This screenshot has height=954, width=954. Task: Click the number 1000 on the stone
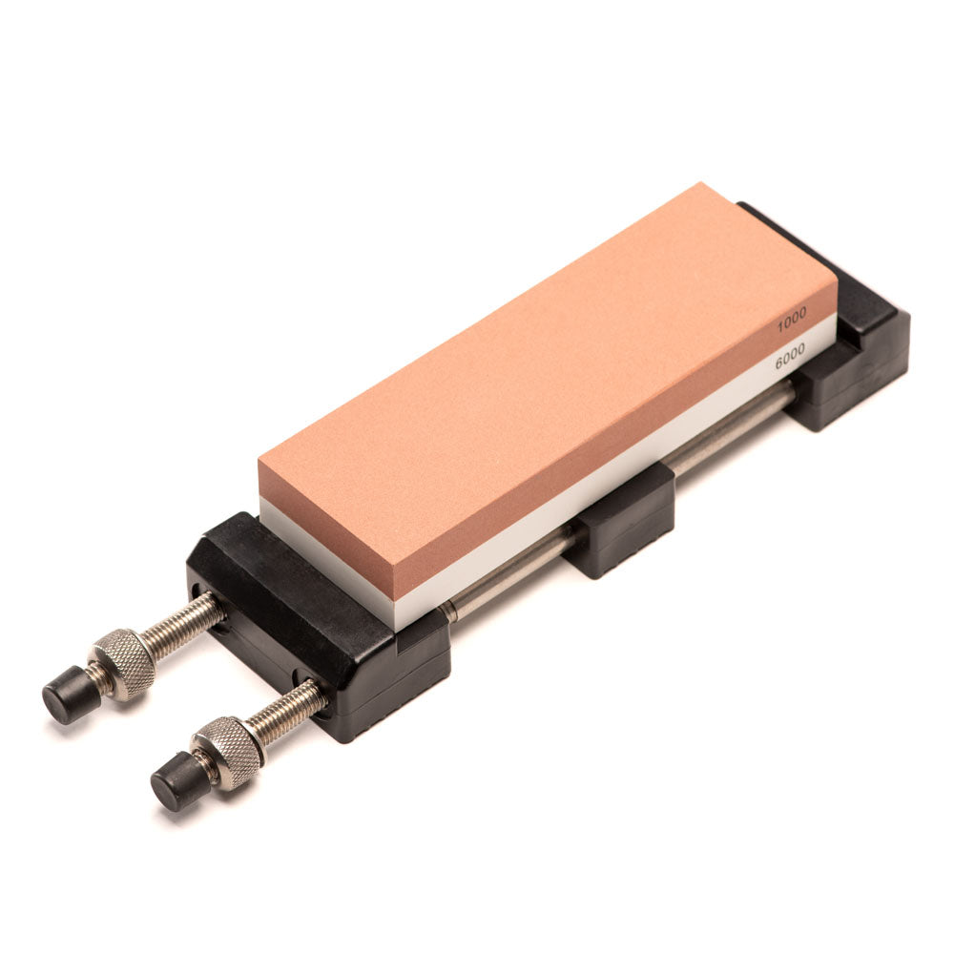(792, 320)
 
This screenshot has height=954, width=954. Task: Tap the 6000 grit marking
(790, 355)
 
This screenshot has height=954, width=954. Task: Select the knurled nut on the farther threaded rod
(122, 665)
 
